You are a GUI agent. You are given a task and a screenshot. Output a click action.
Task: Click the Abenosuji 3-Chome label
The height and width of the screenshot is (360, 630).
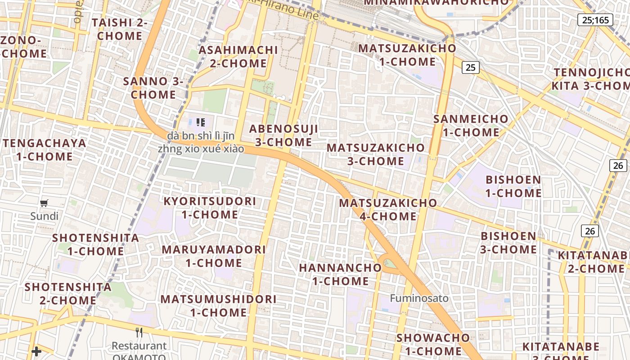(283, 135)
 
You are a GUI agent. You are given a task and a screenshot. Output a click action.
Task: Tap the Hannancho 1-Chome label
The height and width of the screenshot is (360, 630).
(340, 274)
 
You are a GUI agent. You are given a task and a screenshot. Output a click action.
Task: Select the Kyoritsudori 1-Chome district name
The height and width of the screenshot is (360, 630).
(210, 208)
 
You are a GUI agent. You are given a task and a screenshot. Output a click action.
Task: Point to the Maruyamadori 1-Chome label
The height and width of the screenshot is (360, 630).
(214, 256)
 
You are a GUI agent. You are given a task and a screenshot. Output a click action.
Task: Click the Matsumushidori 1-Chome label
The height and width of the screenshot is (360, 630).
(218, 306)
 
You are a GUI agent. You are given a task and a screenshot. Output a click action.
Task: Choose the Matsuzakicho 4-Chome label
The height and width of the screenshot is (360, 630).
(388, 210)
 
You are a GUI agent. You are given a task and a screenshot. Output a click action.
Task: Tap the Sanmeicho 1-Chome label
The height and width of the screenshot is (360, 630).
(471, 126)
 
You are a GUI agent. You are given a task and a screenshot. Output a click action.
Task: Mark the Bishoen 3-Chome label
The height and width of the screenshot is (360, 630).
(508, 243)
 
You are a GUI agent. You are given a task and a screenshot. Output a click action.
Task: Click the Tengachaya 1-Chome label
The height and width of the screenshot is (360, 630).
(45, 150)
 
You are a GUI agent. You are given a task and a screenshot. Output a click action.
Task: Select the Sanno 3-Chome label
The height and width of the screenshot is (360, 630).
(153, 88)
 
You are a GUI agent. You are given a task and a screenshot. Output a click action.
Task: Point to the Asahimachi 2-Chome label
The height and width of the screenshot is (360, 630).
(238, 56)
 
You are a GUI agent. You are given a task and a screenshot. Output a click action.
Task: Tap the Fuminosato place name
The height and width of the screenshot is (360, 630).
(419, 298)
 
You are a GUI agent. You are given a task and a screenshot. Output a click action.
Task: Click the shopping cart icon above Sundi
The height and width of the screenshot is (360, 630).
(44, 203)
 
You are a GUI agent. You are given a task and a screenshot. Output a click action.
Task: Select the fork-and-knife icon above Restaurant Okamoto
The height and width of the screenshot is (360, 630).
(139, 333)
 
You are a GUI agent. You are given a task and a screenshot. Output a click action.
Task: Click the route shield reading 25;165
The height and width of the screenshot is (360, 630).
(595, 20)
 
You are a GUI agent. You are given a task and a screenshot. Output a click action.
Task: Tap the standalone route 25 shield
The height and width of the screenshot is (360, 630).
(470, 67)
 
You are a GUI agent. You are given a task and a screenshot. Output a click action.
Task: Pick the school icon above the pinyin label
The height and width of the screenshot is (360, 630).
(201, 122)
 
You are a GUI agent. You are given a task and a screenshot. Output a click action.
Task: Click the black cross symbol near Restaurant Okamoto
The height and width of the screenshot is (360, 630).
(36, 351)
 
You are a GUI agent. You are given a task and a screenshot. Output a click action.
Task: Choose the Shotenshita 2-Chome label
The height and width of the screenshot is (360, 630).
(68, 293)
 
